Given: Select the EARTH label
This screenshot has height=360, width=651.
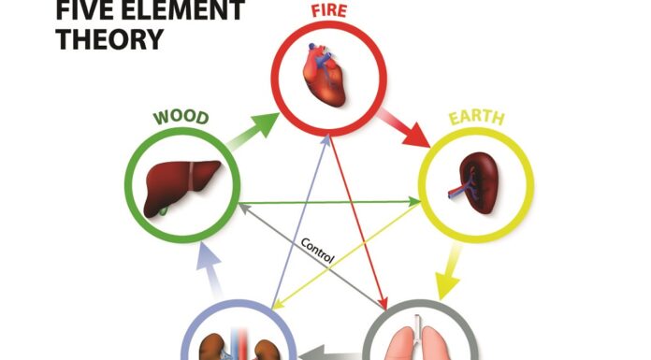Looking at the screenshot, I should coord(476,119).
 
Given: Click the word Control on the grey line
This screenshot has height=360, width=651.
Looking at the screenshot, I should coord(318,250).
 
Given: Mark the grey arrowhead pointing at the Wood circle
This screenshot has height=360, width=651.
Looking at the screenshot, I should coord(242,207).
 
